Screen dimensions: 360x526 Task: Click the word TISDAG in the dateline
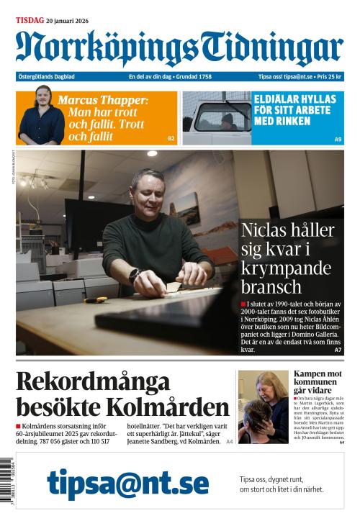pos(30,21)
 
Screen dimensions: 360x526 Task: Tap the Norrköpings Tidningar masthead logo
pos(179,48)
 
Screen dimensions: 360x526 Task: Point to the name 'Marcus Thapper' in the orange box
pos(102,100)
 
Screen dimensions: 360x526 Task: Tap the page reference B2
pos(171,138)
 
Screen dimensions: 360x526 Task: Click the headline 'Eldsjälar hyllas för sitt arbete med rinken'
pos(292,110)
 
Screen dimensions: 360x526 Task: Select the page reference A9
pos(337,138)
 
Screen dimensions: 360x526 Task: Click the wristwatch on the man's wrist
pos(134,274)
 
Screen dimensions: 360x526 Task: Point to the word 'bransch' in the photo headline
pos(271,286)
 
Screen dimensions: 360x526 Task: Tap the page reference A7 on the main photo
pos(338,350)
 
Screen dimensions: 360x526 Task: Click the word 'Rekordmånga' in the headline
pos(93,381)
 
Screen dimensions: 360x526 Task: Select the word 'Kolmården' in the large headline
pos(172,407)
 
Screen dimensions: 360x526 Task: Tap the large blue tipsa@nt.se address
pos(128,484)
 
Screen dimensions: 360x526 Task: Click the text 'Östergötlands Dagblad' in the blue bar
pos(47,76)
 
